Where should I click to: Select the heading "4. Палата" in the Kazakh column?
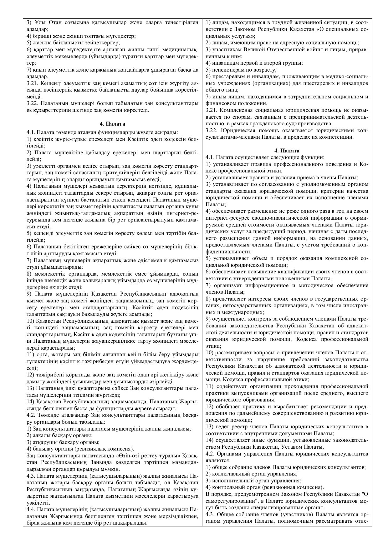(x=112, y=124)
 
